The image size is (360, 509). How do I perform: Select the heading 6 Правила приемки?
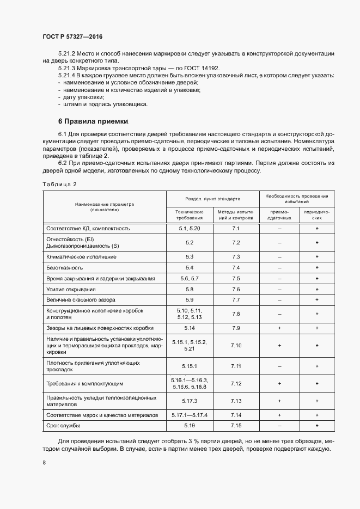(93, 121)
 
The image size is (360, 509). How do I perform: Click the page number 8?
(44, 462)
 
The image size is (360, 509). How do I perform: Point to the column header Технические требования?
(190, 214)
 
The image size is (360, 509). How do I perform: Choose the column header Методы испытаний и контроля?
(235, 214)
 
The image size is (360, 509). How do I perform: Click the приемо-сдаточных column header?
(279, 214)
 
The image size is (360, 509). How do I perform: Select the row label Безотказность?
(65, 267)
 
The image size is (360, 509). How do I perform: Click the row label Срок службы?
(63, 425)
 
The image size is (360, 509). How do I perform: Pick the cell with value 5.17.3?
(190, 401)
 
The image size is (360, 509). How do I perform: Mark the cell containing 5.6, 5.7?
(190, 278)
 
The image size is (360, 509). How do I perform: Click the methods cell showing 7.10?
(236, 345)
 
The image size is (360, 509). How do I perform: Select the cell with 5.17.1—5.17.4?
(190, 415)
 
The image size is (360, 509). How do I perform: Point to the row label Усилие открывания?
(71, 289)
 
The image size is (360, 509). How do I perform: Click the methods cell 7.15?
(236, 425)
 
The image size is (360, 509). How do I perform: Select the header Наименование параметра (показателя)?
(105, 207)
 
